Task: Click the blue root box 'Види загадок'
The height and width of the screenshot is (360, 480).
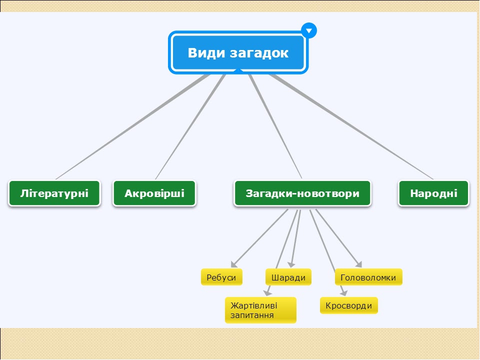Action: (x=238, y=52)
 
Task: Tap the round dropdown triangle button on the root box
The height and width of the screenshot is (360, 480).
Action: (x=309, y=30)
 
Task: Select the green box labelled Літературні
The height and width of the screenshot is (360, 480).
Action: (x=54, y=193)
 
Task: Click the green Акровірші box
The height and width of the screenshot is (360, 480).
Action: (x=154, y=193)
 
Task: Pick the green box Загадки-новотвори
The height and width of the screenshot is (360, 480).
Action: (x=302, y=193)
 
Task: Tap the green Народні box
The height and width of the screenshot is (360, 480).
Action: (x=433, y=193)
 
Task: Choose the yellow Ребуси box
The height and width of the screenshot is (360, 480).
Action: (x=221, y=277)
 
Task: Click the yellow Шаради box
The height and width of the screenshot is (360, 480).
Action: (x=288, y=277)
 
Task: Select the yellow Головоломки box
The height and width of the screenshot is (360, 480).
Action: (x=368, y=277)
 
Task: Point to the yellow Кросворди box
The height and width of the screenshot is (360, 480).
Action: (x=348, y=305)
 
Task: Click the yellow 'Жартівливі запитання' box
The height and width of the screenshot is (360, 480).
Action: (x=260, y=310)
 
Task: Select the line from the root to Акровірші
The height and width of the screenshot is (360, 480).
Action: (x=190, y=127)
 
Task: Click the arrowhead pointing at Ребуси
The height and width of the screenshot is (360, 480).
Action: (x=233, y=264)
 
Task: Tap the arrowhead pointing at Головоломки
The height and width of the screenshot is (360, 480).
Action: (x=358, y=264)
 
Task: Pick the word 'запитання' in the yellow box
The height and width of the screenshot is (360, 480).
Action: (x=252, y=315)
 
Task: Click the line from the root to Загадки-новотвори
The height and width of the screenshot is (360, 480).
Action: (x=275, y=127)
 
